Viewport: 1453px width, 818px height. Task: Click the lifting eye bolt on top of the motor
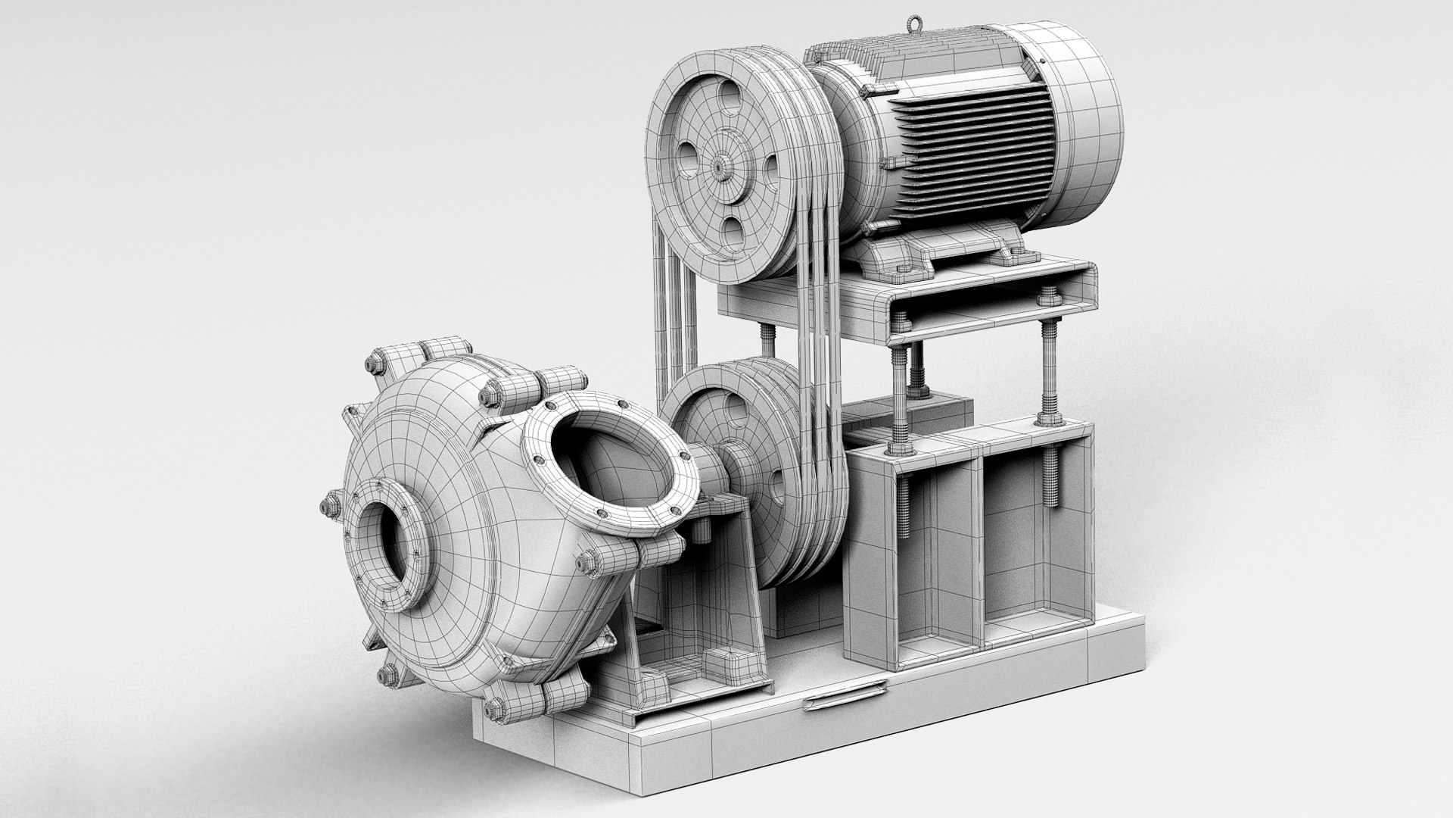pyautogui.click(x=918, y=22)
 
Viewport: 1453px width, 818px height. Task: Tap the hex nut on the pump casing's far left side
pyautogui.click(x=331, y=504)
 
